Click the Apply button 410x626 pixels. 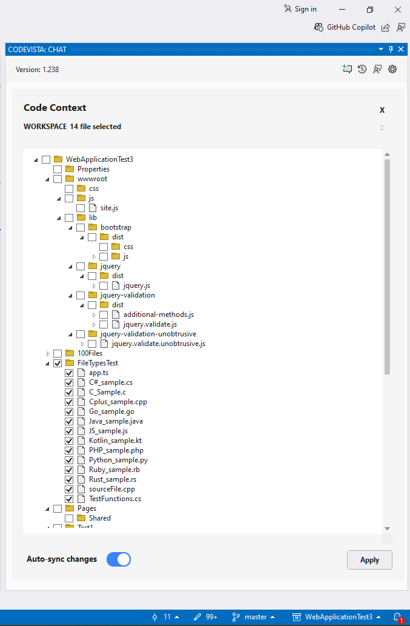[x=369, y=560]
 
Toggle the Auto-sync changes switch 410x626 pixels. [x=119, y=559]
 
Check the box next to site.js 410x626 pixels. [x=81, y=208]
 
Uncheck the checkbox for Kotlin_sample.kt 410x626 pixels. [x=69, y=441]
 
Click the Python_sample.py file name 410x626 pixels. [x=119, y=460]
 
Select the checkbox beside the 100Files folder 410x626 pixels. [x=58, y=353]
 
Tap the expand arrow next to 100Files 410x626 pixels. [x=48, y=354]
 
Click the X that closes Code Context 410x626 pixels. [x=382, y=110]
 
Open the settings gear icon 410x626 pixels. [x=392, y=69]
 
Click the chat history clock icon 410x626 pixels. [x=362, y=69]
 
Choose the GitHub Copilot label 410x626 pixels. [x=351, y=27]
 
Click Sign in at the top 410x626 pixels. [x=305, y=8]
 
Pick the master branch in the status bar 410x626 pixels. [x=256, y=617]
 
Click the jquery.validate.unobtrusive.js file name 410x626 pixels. [x=159, y=344]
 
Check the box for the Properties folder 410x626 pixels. [x=58, y=169]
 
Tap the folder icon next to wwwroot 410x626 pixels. [x=70, y=178]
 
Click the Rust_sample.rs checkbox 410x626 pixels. [x=69, y=479]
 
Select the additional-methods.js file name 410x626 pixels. [x=159, y=315]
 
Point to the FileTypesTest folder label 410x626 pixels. [x=98, y=363]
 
